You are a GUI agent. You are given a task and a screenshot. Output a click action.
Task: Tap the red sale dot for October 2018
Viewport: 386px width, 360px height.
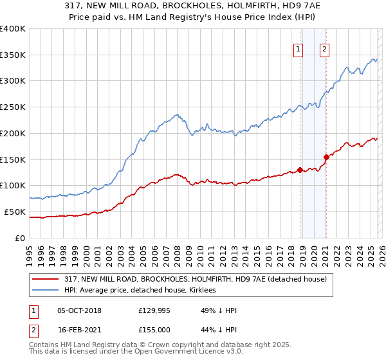300,170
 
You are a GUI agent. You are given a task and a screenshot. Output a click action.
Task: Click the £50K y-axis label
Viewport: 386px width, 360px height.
14,212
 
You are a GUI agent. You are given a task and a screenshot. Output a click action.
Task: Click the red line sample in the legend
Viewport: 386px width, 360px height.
46,279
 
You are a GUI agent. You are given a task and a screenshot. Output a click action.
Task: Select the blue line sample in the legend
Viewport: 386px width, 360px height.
46,290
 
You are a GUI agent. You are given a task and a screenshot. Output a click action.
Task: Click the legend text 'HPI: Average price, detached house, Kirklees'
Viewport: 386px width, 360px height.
140,290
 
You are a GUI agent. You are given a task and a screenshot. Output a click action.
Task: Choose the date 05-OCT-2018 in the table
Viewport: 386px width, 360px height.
79,310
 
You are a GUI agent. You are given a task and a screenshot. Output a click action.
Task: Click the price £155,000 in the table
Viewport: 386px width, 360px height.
155,329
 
